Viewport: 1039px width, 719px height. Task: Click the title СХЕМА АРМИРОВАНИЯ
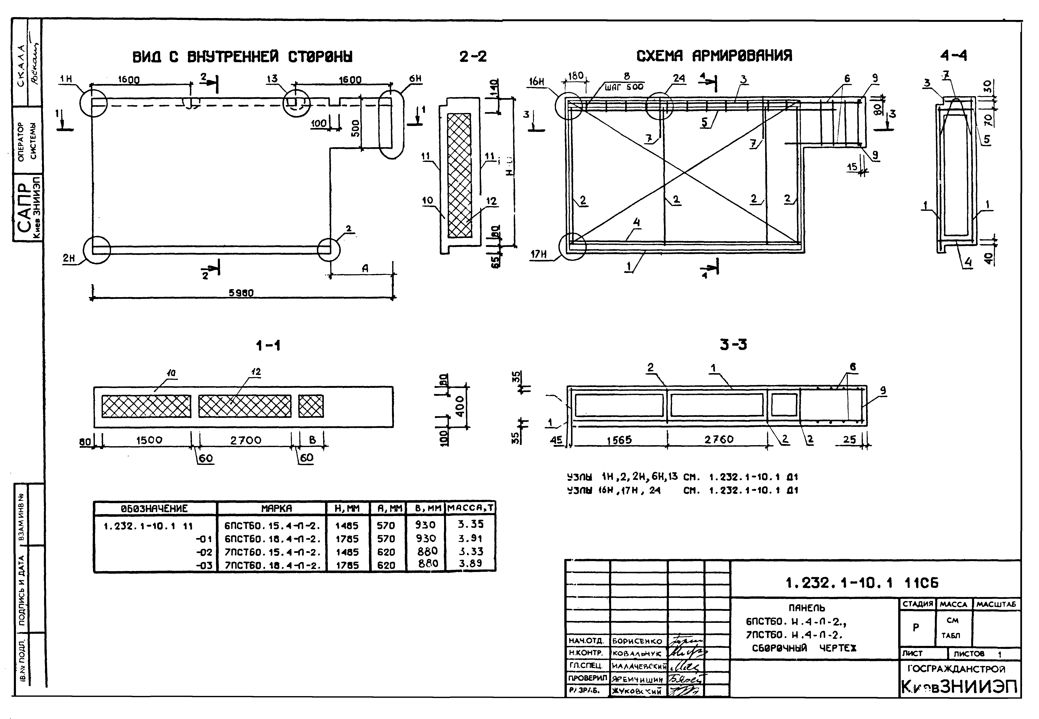click(x=714, y=56)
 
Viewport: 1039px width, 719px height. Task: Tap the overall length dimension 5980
click(x=241, y=293)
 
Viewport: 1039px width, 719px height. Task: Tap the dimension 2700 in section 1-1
click(x=246, y=440)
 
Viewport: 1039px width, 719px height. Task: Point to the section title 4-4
click(x=953, y=56)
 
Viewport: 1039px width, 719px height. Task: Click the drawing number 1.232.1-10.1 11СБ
click(x=862, y=583)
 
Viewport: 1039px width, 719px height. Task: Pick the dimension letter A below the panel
click(x=365, y=269)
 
